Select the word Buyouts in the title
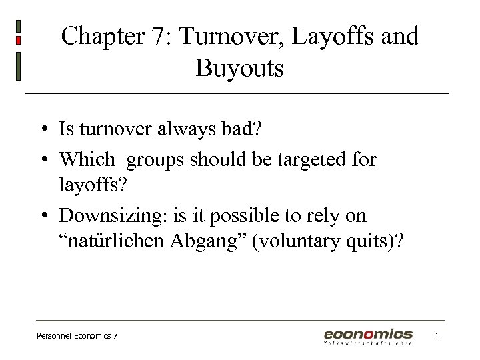point(240,68)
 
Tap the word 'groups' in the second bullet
point(157,160)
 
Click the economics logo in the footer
point(369,335)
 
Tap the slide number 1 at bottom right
point(437,337)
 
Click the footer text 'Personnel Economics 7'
point(77,336)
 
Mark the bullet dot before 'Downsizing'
point(42,216)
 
